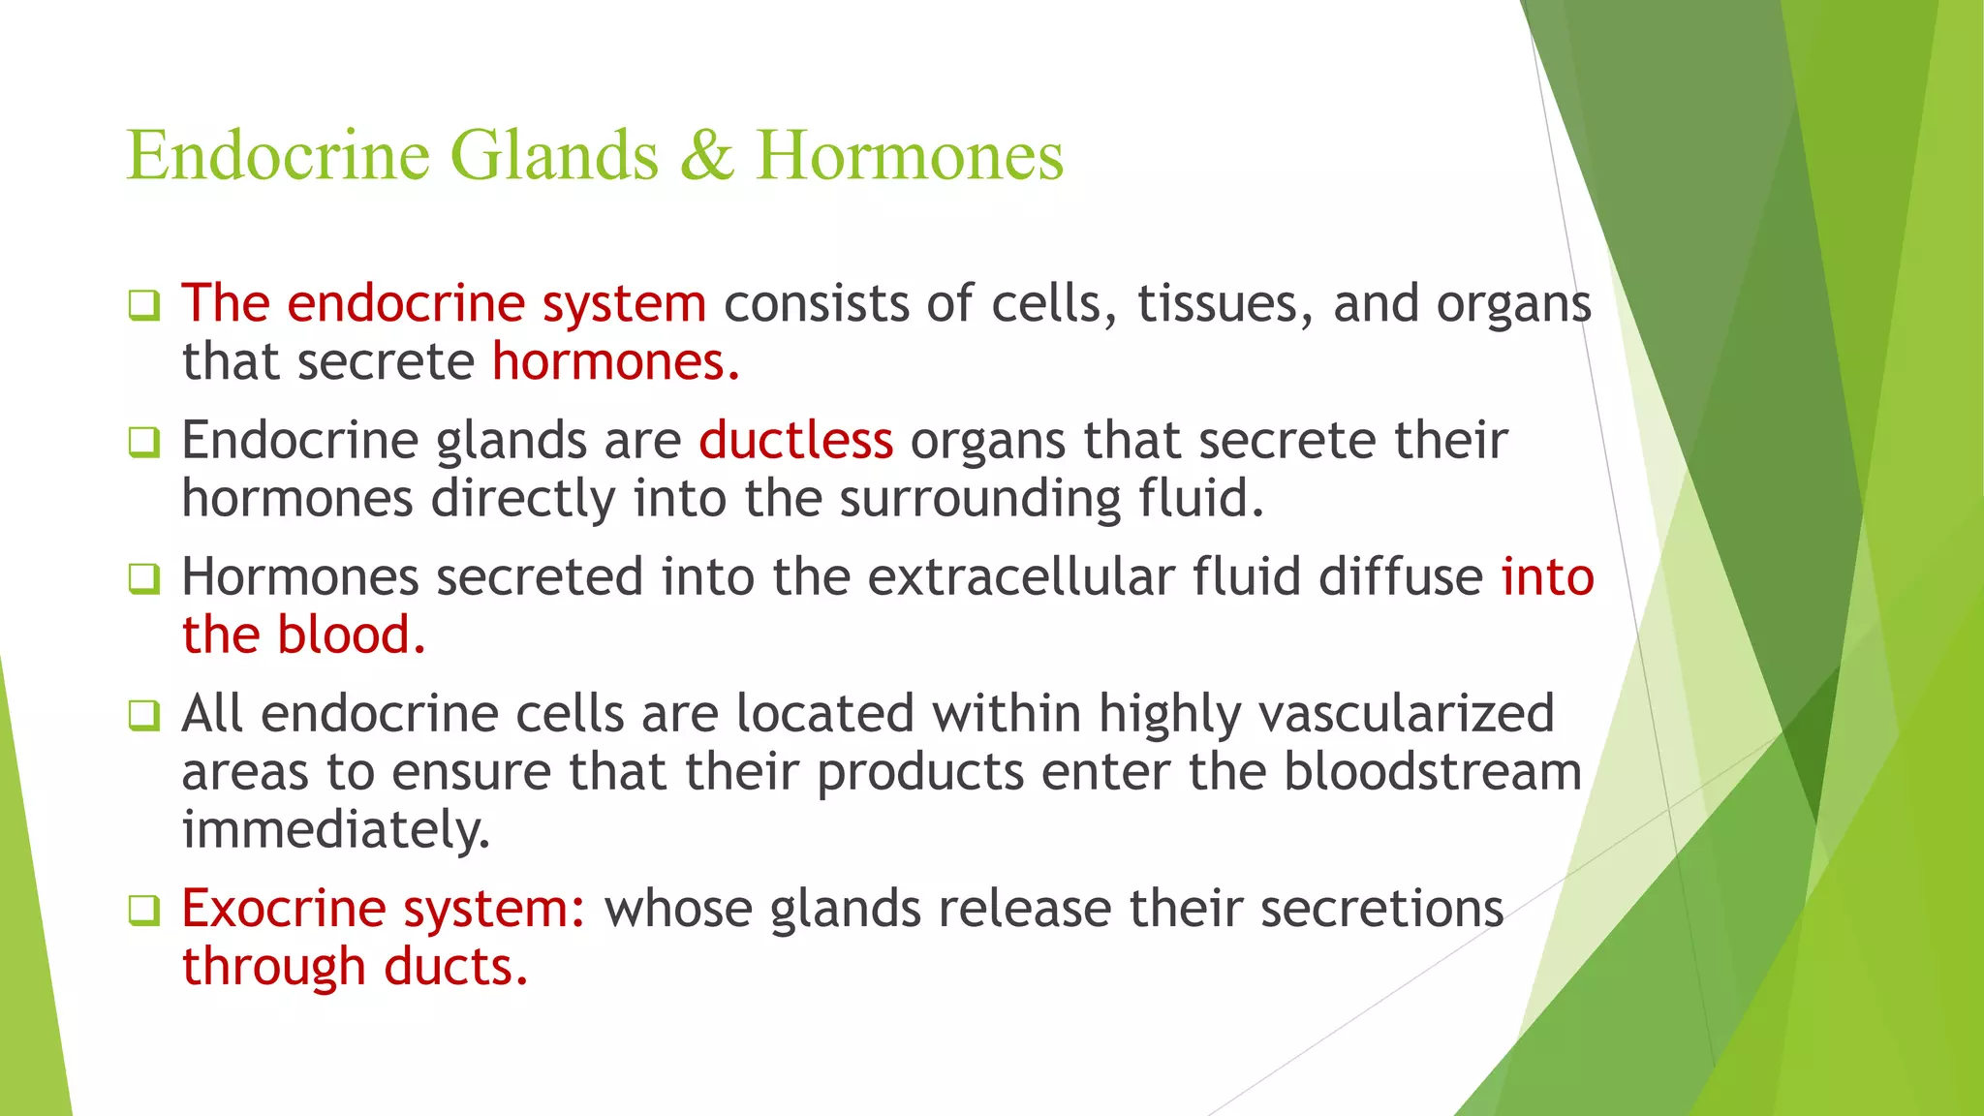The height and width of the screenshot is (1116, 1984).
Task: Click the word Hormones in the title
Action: tap(910, 156)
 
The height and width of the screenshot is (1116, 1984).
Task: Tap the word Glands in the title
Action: tap(554, 156)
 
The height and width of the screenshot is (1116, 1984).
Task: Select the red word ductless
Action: tap(795, 441)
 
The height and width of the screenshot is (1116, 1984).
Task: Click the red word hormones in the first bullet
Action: tap(615, 362)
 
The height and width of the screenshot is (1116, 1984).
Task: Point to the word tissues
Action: tap(1224, 304)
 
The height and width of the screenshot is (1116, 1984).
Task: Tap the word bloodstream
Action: tap(1433, 772)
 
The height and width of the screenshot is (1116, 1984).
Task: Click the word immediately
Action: tap(336, 831)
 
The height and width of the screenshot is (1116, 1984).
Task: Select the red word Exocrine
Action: tap(284, 910)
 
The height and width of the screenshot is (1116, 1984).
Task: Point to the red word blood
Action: tap(351, 636)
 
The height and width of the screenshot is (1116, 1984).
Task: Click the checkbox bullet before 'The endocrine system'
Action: tap(143, 306)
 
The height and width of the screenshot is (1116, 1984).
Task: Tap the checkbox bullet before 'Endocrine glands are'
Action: tap(143, 443)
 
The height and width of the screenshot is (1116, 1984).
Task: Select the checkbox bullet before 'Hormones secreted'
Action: tap(143, 579)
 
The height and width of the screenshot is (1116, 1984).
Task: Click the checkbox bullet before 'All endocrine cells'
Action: tap(143, 716)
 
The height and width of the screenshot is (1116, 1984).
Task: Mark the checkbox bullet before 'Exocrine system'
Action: tap(143, 912)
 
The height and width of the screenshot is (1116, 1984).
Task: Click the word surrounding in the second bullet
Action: tap(979, 500)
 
